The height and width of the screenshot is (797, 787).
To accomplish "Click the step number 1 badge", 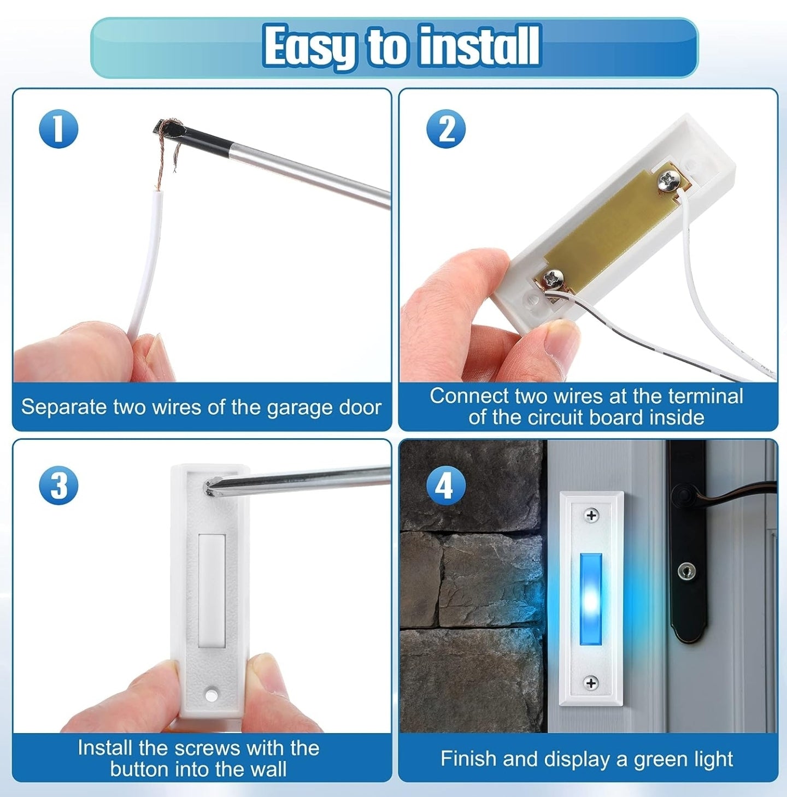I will (x=58, y=129).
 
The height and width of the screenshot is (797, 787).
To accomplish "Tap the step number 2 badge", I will (x=445, y=129).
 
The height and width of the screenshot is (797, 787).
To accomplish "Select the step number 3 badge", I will (x=58, y=486).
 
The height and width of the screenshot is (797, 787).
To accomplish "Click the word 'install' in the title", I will (x=479, y=46).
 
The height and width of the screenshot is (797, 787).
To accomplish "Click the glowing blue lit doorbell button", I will (x=590, y=598).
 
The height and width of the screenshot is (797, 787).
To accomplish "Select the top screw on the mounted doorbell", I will (x=591, y=515).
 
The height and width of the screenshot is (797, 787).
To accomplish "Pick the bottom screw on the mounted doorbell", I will (x=591, y=683).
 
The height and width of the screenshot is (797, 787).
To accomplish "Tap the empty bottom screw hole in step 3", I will (x=210, y=694).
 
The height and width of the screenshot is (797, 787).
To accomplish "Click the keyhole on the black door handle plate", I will (x=687, y=571).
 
